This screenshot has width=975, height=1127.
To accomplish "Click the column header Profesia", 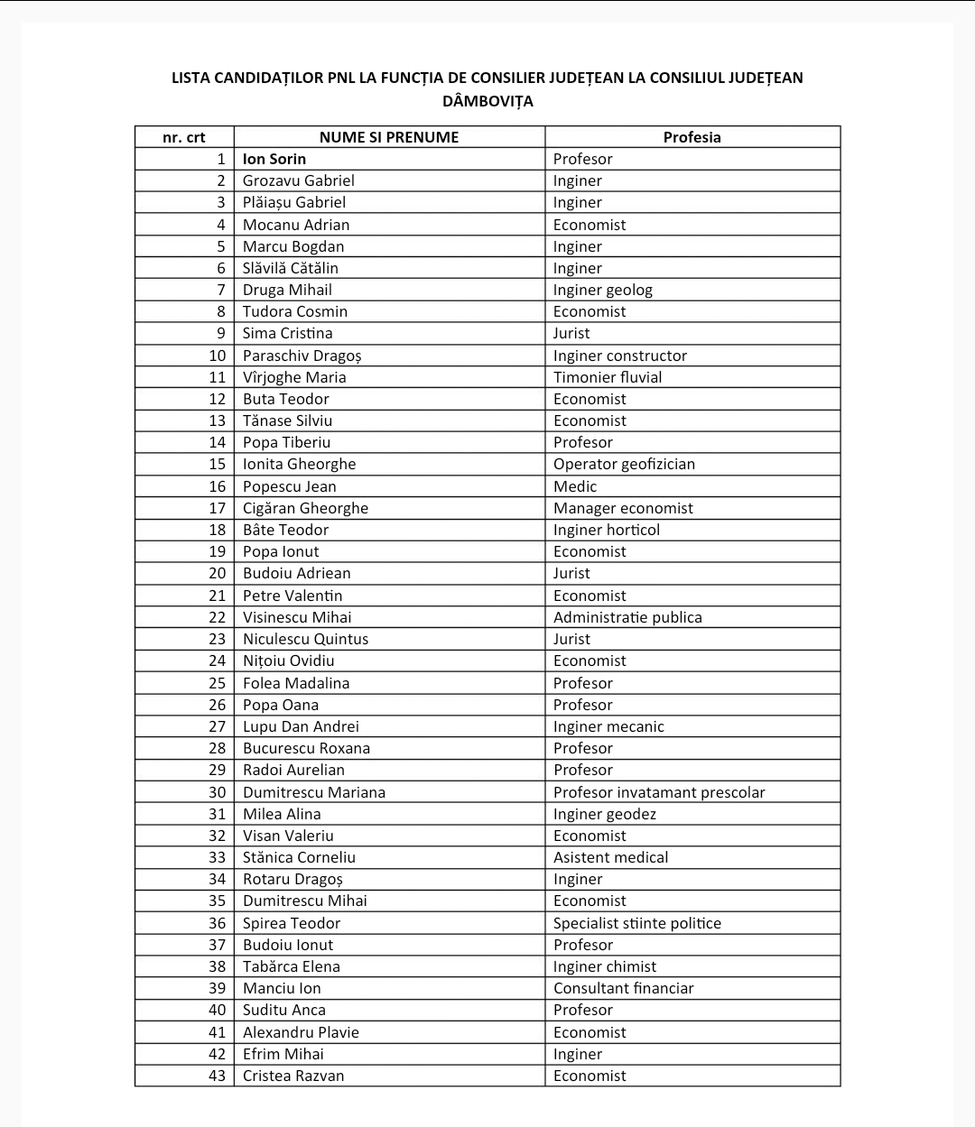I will click(692, 137).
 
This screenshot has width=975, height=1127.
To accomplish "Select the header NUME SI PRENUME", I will click(388, 137).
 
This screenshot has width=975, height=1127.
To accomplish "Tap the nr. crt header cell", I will click(184, 137).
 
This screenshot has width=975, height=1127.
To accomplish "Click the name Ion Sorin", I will click(274, 159).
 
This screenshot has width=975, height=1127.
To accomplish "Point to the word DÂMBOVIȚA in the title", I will click(487, 101).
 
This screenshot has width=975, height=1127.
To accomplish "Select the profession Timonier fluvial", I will click(608, 377).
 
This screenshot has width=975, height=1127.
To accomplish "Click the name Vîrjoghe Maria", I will click(294, 377).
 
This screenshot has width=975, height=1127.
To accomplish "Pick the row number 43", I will click(218, 1076).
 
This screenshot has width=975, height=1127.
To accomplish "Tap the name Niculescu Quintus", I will click(305, 639).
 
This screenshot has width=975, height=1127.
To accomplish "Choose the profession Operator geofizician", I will click(624, 464).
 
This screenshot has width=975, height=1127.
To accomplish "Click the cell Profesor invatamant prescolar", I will click(659, 792).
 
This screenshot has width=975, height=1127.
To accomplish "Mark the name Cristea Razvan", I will click(293, 1076).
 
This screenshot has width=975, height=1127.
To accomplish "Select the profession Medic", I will click(575, 486).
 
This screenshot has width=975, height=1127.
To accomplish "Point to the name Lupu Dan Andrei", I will click(301, 726).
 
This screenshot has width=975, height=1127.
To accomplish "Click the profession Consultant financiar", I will click(623, 988).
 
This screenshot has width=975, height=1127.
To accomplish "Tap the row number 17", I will click(218, 508).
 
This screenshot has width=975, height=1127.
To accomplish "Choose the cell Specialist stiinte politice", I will click(637, 923).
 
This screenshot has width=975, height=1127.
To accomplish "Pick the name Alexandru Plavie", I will click(301, 1032).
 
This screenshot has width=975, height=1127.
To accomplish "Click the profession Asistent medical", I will click(610, 857).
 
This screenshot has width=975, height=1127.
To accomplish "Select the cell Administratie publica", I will click(627, 617).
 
